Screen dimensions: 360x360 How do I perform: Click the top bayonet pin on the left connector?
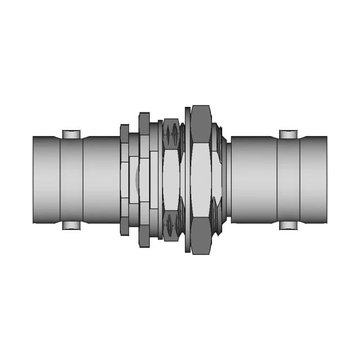[x=71, y=134]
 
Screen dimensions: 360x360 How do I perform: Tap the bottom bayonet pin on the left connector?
[x=71, y=226]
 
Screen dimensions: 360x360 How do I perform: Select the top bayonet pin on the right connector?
[x=289, y=134]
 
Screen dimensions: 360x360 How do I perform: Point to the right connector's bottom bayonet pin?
[x=289, y=226]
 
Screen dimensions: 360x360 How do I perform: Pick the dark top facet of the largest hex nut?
[x=201, y=124]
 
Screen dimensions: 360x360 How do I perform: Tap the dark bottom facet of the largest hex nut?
[x=201, y=236]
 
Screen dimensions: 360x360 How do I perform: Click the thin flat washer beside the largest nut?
[x=187, y=180]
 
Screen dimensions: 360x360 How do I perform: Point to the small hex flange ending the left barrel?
[x=124, y=180]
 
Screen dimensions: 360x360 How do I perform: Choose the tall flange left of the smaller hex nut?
[x=144, y=180]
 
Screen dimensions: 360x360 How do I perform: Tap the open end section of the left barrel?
[x=46, y=180]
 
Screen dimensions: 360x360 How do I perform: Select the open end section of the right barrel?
[x=313, y=180]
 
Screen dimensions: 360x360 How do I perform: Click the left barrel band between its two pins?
[x=71, y=180]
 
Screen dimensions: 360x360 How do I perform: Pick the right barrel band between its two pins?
[x=289, y=180]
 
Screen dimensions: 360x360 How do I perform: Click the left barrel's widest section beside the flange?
[x=101, y=180]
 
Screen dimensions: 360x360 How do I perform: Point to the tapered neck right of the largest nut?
[x=224, y=180]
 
